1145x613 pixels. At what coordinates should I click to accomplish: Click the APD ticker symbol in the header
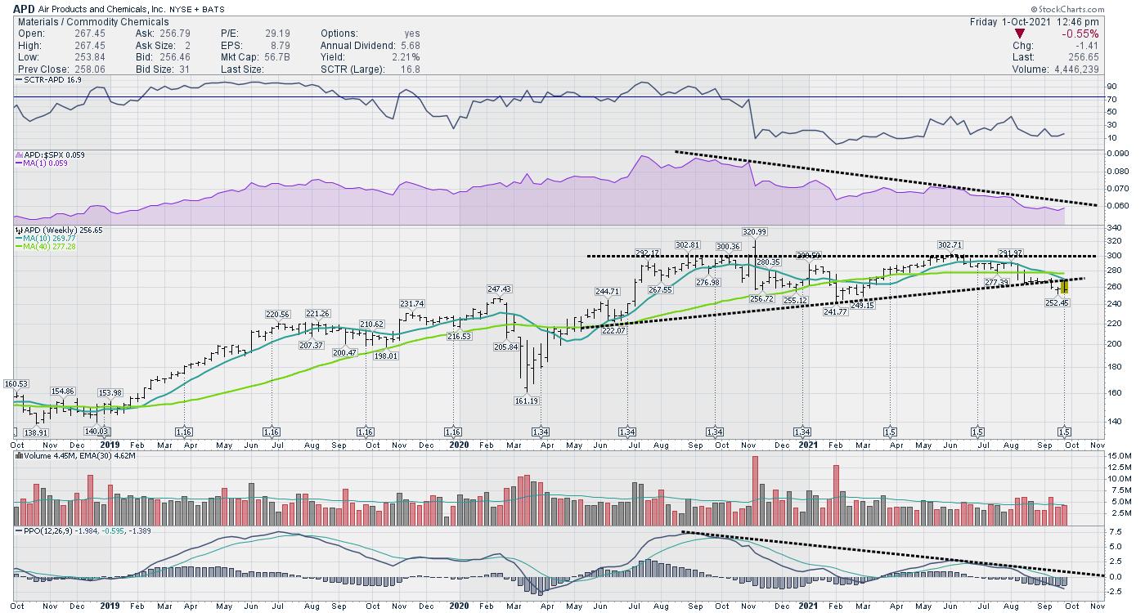[x=24, y=9]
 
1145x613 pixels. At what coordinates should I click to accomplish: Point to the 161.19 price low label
[x=527, y=401]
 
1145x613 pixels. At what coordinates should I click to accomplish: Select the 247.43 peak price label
[x=499, y=289]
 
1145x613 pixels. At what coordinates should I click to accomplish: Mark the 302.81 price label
[x=688, y=245]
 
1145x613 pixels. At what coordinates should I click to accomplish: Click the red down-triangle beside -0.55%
[x=1020, y=34]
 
